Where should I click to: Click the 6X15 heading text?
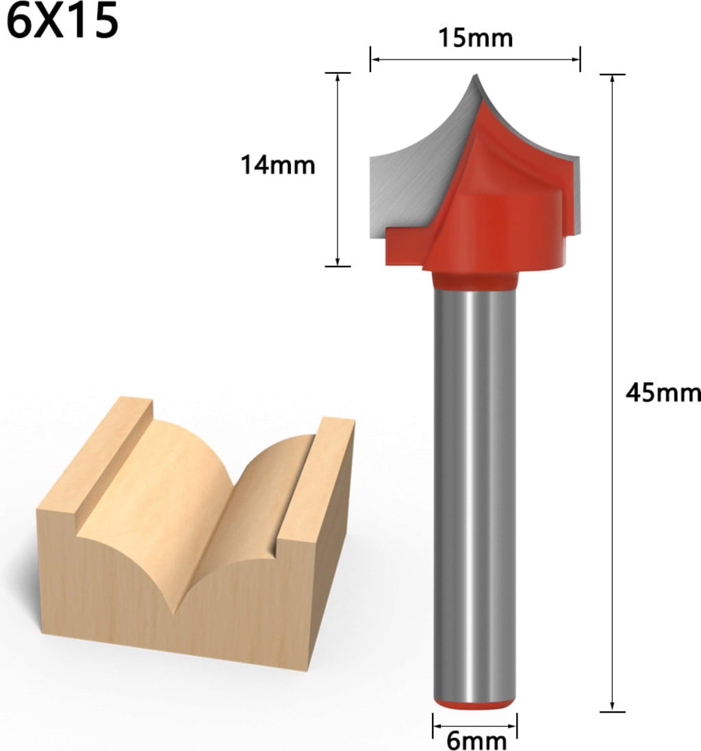(x=62, y=22)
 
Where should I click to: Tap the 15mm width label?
(x=476, y=38)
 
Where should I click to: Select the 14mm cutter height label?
(x=278, y=165)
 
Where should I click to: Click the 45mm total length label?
(x=663, y=393)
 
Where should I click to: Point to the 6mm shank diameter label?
(x=476, y=741)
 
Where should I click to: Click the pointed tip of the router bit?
(x=476, y=75)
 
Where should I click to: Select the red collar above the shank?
(x=475, y=281)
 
